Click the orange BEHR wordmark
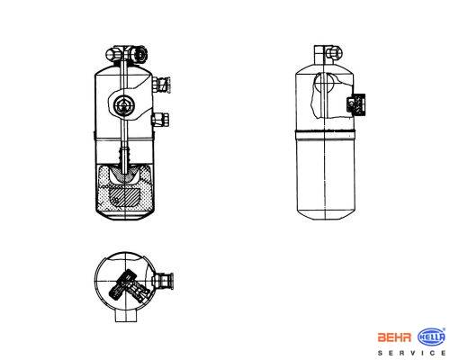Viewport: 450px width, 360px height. click(394, 337)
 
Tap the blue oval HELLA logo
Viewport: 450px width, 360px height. click(431, 337)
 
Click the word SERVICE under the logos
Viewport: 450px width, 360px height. click(411, 353)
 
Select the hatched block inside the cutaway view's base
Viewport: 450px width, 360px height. click(124, 196)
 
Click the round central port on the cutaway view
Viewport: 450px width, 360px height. click(123, 105)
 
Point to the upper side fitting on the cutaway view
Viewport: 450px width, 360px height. click(161, 85)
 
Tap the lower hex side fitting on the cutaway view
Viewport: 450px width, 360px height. click(160, 120)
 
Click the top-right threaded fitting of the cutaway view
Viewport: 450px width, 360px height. click(139, 54)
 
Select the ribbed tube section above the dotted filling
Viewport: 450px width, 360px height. click(124, 155)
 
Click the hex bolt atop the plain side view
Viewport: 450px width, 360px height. click(333, 53)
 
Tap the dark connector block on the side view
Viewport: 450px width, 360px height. click(355, 104)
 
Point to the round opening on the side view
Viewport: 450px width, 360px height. click(324, 83)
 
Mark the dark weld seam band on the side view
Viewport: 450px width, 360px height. click(326, 132)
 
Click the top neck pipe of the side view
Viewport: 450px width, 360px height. click(319, 55)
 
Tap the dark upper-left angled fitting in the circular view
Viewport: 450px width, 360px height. click(121, 283)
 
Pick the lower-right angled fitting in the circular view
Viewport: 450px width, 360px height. click(139, 292)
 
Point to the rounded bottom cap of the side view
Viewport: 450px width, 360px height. click(326, 214)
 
